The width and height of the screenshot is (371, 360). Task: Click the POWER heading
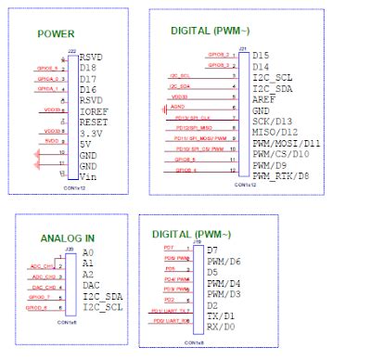point(56,34)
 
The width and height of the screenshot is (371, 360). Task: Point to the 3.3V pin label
point(93,131)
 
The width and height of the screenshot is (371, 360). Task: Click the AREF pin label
point(263,98)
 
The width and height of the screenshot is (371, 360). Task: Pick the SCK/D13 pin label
point(275,120)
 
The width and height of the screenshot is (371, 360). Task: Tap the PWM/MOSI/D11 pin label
point(287,142)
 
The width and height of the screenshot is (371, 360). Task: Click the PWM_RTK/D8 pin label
point(284,174)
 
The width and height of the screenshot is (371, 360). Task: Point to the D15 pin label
point(261,56)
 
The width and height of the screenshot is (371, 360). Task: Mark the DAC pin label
point(91,284)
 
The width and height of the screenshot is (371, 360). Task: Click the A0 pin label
point(88,252)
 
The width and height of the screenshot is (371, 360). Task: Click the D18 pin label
point(89,68)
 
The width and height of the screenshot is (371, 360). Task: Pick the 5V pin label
point(84,142)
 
